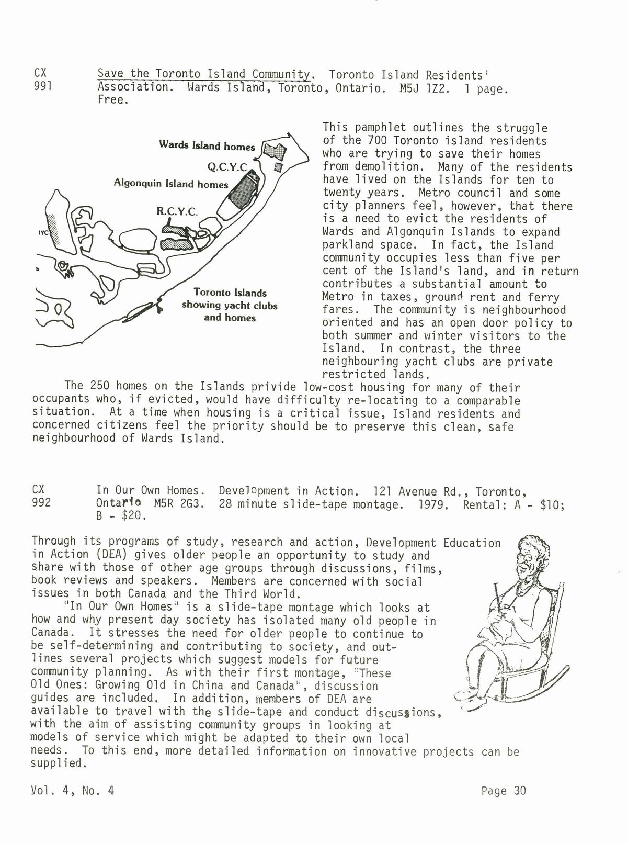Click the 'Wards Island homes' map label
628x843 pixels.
(x=207, y=145)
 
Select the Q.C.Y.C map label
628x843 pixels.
(x=227, y=167)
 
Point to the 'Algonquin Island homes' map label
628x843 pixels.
(x=171, y=184)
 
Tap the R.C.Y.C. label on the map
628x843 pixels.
(x=177, y=212)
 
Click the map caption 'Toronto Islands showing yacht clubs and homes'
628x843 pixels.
(x=230, y=305)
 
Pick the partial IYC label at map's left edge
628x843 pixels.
(x=42, y=234)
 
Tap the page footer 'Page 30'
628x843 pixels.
(x=503, y=790)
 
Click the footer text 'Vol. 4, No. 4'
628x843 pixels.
(x=73, y=791)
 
